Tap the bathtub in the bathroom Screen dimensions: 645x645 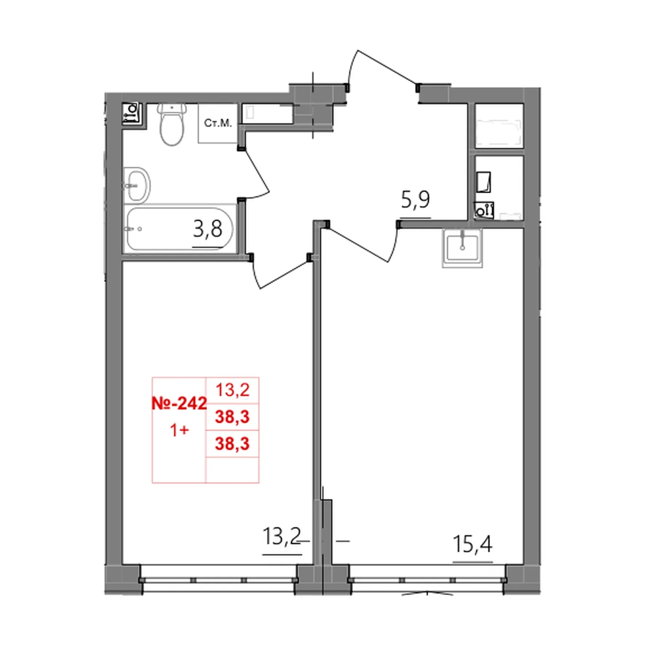[x=179, y=229]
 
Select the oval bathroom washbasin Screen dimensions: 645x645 [x=137, y=185]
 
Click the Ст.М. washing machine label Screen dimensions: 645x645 [x=218, y=123]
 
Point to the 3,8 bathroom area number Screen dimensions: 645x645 [x=207, y=229]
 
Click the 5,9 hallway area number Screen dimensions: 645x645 [x=415, y=200]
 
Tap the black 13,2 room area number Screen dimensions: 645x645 [x=282, y=536]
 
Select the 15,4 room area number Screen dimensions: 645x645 [x=472, y=544]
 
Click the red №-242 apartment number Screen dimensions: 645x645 [x=179, y=403]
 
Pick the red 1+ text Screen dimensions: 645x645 [x=179, y=431]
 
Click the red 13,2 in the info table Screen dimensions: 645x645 [x=232, y=390]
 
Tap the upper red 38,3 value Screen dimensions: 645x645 [x=232, y=417]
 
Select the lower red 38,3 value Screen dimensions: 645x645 [x=232, y=444]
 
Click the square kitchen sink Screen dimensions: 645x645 [x=462, y=248]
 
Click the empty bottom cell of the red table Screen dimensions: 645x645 [x=232, y=470]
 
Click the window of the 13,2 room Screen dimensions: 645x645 [x=218, y=580]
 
